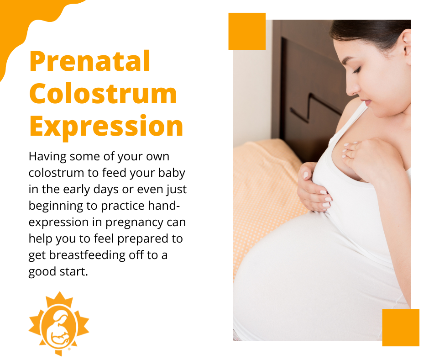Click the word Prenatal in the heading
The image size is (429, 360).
point(90,61)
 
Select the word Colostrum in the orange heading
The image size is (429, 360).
point(103,93)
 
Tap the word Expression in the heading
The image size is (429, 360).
point(106,127)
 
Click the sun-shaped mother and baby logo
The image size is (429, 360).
point(59,323)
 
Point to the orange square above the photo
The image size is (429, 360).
point(247,31)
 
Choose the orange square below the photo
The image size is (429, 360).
point(401,328)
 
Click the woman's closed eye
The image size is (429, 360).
point(356,71)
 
